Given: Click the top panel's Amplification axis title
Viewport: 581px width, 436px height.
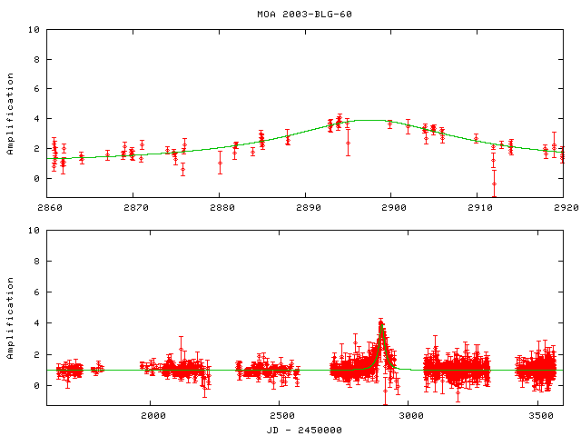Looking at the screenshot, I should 11,114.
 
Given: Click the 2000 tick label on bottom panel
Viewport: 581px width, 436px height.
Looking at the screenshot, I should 152,416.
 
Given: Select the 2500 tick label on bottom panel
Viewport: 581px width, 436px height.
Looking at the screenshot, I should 281,416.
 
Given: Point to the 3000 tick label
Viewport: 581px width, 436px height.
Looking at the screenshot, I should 411,416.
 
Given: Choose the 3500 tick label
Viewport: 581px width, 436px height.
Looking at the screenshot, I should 540,416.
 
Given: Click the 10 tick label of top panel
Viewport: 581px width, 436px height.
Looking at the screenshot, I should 34,30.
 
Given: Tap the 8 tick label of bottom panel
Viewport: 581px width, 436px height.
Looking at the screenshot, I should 36,262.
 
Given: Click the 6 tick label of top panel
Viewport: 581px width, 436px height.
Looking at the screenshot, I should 36,89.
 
